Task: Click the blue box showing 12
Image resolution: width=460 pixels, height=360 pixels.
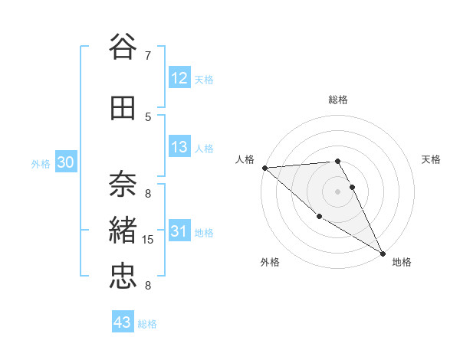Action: (179, 78)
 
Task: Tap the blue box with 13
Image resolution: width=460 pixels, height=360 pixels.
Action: (179, 147)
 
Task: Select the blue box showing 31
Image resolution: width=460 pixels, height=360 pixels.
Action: (179, 231)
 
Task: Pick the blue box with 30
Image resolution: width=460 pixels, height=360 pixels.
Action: (65, 162)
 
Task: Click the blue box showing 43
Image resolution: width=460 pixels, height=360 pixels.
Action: (123, 322)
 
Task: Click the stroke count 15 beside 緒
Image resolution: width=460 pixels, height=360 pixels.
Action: (149, 240)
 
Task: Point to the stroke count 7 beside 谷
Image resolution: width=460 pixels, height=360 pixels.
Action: (148, 56)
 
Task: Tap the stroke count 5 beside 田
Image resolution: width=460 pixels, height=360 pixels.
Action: (148, 116)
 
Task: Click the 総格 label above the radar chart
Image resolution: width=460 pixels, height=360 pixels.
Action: (338, 100)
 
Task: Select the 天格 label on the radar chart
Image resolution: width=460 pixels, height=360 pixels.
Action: (432, 159)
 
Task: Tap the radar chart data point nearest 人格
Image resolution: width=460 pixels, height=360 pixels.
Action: (264, 167)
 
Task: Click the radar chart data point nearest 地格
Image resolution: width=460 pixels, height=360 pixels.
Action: (383, 253)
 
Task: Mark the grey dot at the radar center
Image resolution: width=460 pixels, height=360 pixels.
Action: (337, 191)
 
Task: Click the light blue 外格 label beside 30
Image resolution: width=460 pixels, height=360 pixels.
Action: (41, 163)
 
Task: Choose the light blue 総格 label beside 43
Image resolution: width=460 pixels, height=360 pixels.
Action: (147, 323)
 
